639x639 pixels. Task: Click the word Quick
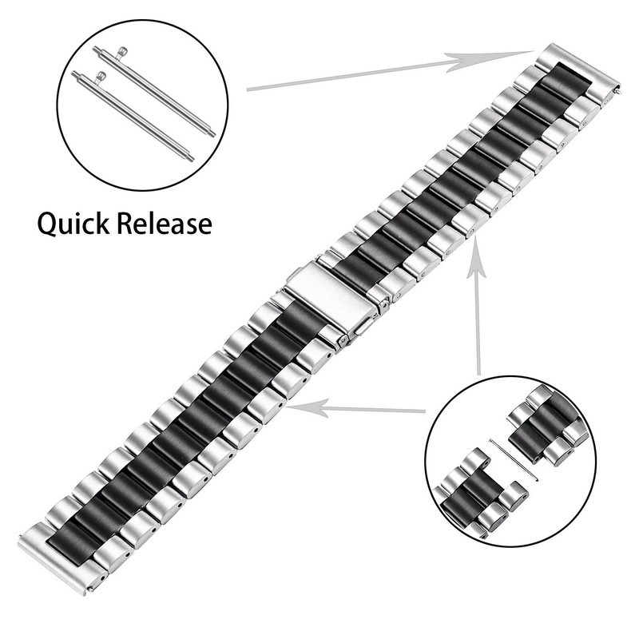pos(73,224)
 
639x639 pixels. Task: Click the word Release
pos(165,224)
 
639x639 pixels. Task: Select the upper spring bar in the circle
pos(153,90)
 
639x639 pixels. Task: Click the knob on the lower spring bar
pos(101,77)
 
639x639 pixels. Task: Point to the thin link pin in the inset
pos(514,459)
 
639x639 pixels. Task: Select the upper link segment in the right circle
pos(548,426)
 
